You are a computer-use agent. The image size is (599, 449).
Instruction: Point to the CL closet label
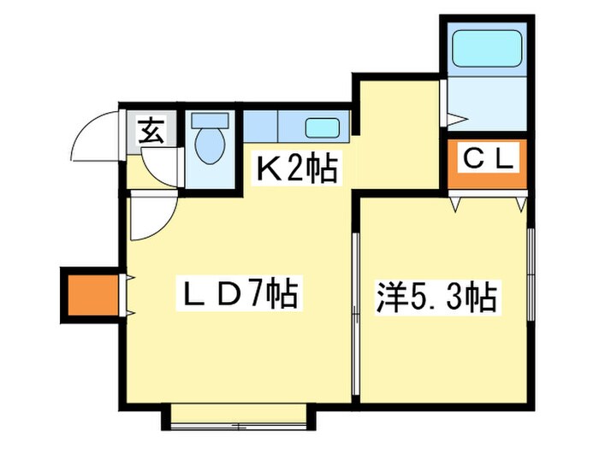[488, 158]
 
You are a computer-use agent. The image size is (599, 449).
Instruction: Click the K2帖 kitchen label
[298, 169]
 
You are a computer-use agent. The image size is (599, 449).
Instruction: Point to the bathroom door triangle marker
[454, 113]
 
